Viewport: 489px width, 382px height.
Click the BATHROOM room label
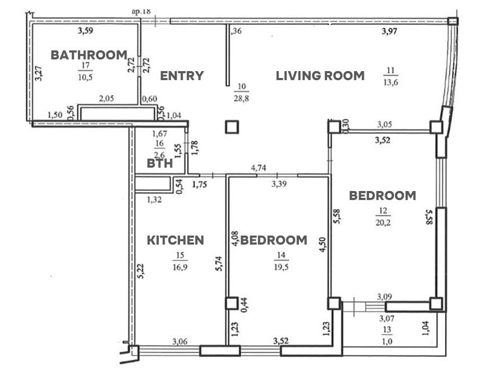(x=89, y=55)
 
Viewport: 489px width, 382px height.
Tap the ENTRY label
(x=182, y=76)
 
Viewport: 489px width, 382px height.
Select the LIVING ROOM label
(x=320, y=76)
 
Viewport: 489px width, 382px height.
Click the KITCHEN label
(x=175, y=240)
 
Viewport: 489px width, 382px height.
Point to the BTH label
(x=160, y=163)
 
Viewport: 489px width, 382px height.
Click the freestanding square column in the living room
(x=232, y=127)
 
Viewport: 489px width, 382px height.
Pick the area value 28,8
(x=242, y=99)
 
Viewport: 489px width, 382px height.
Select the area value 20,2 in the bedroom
(x=383, y=222)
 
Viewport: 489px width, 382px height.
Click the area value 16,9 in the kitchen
(x=180, y=267)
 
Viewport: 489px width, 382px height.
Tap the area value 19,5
(x=281, y=267)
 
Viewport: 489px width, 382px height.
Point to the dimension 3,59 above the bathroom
(x=85, y=31)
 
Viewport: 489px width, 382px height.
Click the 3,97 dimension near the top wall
(x=389, y=31)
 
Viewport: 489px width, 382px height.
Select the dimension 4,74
(x=259, y=168)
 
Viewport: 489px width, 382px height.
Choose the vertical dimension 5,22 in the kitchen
(x=141, y=271)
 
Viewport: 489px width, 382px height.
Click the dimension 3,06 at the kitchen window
(x=180, y=342)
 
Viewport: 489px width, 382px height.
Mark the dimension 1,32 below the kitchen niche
(x=155, y=199)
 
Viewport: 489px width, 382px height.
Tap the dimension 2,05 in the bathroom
(x=106, y=99)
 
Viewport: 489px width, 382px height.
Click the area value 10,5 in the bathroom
(x=85, y=77)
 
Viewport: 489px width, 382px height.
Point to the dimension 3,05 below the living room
(x=384, y=125)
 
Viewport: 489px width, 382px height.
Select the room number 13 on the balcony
(x=387, y=329)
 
